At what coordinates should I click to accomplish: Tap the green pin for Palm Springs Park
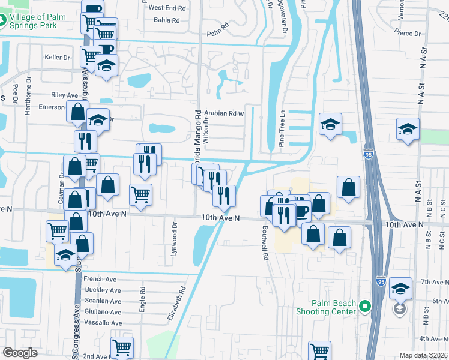pyautogui.click(x=4, y=20)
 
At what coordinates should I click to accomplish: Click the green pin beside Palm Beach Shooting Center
pyautogui.click(x=364, y=308)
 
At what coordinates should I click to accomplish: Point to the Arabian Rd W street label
pyautogui.click(x=224, y=113)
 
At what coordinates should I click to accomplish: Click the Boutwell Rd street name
pyautogui.click(x=265, y=243)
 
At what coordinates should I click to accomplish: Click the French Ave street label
pyautogui.click(x=100, y=279)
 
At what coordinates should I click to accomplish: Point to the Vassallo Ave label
pyautogui.click(x=102, y=323)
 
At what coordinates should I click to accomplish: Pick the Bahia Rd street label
pyautogui.click(x=167, y=20)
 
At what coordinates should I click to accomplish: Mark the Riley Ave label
pyautogui.click(x=65, y=95)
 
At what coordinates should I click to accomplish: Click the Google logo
pyautogui.click(x=20, y=353)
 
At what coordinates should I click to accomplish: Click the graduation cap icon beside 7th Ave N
pyautogui.click(x=400, y=288)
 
